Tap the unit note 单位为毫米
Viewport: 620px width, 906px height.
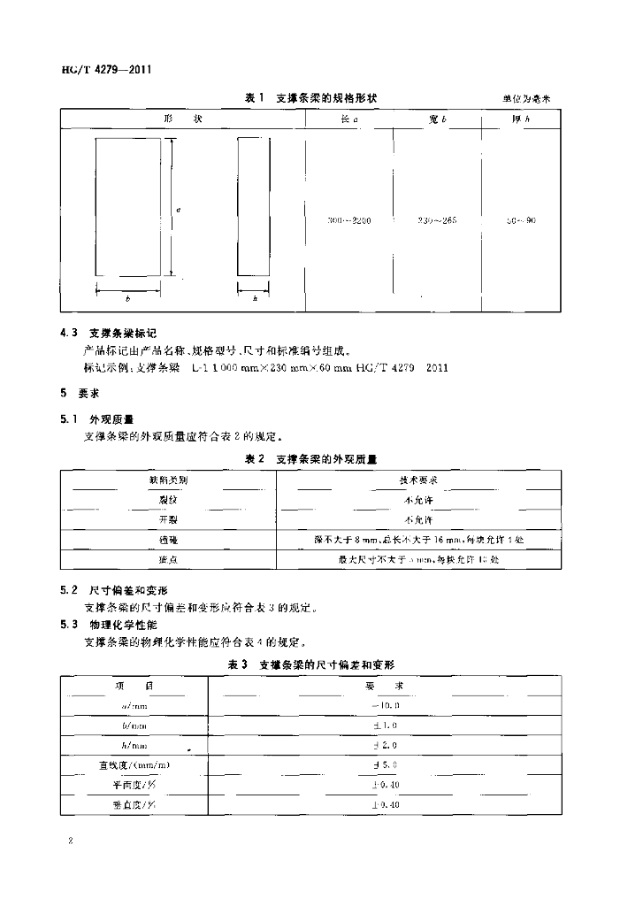526,99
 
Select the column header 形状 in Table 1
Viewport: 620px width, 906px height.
183,119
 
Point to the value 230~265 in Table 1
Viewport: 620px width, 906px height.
436,219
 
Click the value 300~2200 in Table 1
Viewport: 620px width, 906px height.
348,219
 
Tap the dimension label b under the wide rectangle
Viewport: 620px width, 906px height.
128,299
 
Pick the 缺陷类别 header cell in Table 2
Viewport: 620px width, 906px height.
168,480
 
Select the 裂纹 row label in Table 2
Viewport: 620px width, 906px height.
168,500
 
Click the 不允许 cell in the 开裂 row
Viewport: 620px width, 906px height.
418,519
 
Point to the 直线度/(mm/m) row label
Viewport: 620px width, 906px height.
134,764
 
